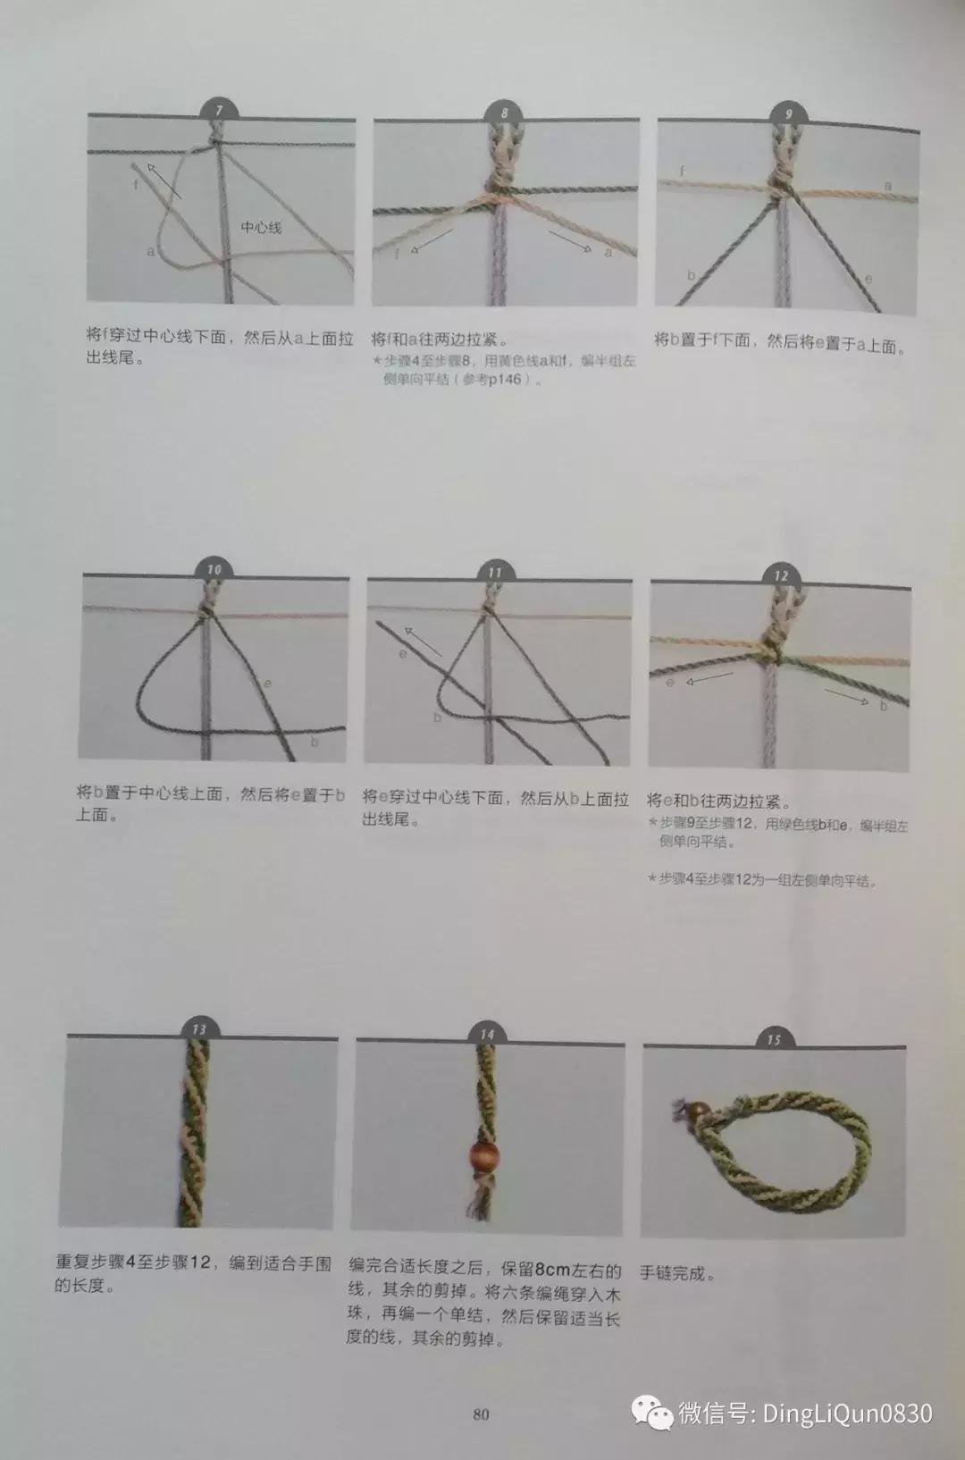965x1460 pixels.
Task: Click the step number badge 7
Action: (220, 112)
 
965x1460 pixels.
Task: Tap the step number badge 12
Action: (781, 575)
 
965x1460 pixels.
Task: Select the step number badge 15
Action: (774, 1039)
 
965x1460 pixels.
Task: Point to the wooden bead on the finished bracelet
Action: (697, 1112)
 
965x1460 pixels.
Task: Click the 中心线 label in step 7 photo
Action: (261, 228)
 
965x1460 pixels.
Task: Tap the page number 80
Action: (481, 1414)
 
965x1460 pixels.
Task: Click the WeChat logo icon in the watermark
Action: (652, 1413)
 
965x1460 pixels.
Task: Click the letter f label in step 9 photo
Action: (683, 170)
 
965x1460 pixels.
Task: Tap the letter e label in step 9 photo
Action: (868, 279)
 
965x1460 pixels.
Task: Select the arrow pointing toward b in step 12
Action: (845, 695)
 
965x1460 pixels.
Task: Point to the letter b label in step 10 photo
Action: (315, 742)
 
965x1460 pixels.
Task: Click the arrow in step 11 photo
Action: (424, 642)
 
